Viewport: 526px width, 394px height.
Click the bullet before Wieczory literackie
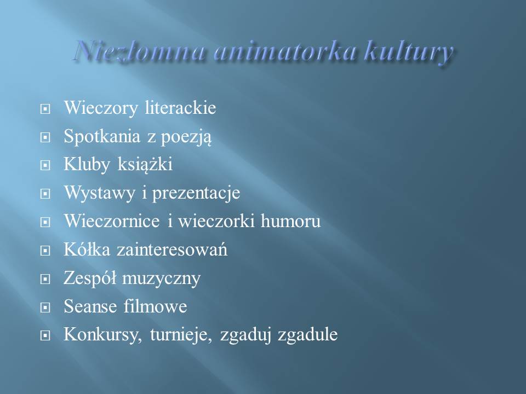tap(45, 109)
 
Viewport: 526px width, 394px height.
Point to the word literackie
tap(180, 108)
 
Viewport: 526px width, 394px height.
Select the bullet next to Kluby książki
tap(45, 165)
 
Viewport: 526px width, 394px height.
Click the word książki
tap(145, 164)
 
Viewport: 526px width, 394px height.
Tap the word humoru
tap(290, 221)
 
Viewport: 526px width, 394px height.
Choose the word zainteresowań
tap(171, 250)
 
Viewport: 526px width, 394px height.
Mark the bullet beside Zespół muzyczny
tap(45, 279)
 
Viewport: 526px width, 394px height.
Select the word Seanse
tap(90, 306)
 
